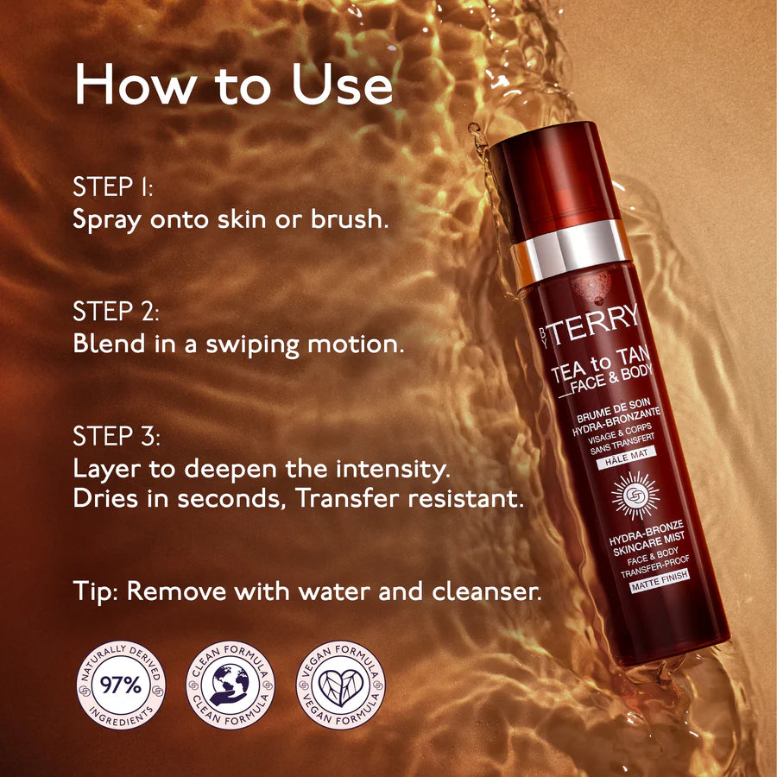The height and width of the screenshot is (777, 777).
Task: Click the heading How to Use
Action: pyautogui.click(x=233, y=85)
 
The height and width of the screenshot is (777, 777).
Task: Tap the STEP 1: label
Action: pyautogui.click(x=113, y=186)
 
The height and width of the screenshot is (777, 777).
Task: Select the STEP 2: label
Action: pyautogui.click(x=116, y=312)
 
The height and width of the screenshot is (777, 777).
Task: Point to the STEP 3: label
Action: pyautogui.click(x=117, y=437)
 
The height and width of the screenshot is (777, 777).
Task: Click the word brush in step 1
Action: pyautogui.click(x=350, y=218)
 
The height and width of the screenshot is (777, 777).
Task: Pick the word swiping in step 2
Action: pyautogui.click(x=253, y=345)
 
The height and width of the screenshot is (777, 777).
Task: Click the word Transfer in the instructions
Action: pyautogui.click(x=348, y=498)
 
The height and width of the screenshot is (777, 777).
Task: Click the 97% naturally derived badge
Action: pyautogui.click(x=121, y=685)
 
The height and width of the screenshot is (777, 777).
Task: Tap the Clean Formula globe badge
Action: pyautogui.click(x=231, y=685)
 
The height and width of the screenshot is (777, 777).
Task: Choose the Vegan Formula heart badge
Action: pyautogui.click(x=340, y=685)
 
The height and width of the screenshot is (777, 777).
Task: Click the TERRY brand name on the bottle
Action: pyautogui.click(x=594, y=324)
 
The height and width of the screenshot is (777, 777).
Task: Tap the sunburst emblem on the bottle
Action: pyautogui.click(x=635, y=496)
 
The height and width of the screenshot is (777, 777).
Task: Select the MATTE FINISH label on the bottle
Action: pyautogui.click(x=660, y=580)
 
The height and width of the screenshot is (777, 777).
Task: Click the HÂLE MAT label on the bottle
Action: pyautogui.click(x=627, y=457)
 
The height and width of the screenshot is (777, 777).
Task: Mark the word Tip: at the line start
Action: pyautogui.click(x=96, y=591)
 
